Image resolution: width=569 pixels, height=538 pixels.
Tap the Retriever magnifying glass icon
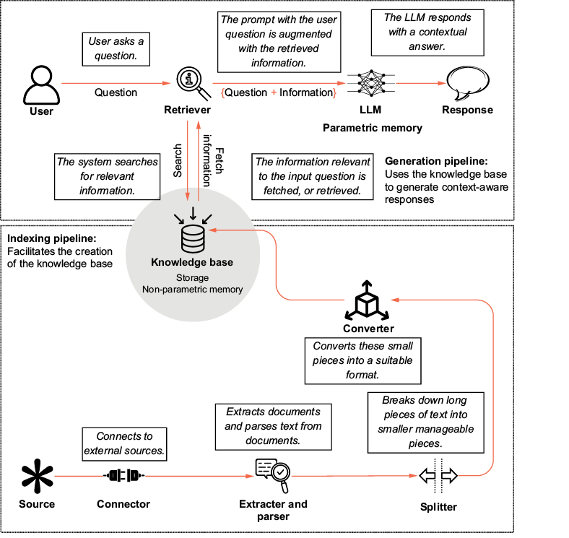tap(191, 83)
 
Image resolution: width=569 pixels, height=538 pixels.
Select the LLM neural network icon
tap(370, 84)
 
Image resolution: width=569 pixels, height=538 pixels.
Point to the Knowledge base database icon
tap(193, 236)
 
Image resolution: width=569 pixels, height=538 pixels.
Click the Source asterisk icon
tap(36, 477)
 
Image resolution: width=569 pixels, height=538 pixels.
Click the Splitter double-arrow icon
tap(439, 476)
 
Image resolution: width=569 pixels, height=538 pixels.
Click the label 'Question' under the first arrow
tap(116, 92)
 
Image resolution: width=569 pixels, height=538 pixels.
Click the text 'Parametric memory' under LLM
tap(372, 128)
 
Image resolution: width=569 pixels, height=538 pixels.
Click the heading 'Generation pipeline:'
tap(436, 161)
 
